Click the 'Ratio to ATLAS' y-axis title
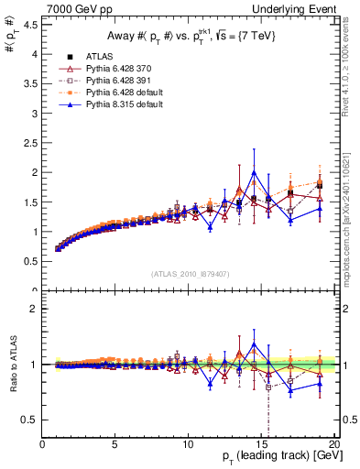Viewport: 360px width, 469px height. pos(12,365)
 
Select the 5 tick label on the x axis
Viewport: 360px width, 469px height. pos(115,442)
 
